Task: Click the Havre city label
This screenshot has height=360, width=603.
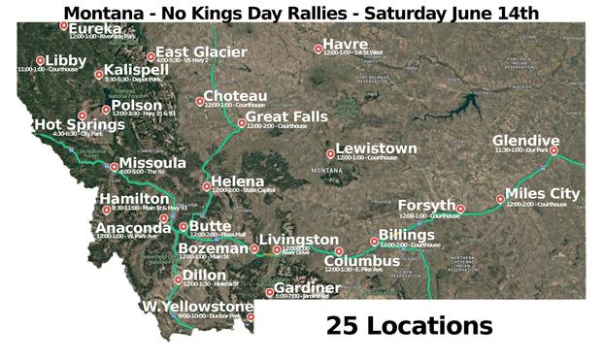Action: [x=345, y=44]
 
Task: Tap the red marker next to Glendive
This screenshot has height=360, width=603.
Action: [x=553, y=150]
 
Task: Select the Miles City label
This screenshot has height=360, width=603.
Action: [x=542, y=194]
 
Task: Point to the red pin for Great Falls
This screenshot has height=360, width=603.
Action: [x=242, y=122]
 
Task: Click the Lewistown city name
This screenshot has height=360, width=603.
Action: [x=376, y=148]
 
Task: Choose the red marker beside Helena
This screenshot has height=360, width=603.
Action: [x=206, y=186]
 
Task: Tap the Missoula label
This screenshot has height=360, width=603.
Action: [x=152, y=163]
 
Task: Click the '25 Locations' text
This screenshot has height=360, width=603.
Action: [x=409, y=325]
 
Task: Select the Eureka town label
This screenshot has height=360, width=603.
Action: [x=95, y=29]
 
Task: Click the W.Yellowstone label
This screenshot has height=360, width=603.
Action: [x=197, y=307]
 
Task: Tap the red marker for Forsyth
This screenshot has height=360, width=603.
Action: [x=461, y=209]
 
